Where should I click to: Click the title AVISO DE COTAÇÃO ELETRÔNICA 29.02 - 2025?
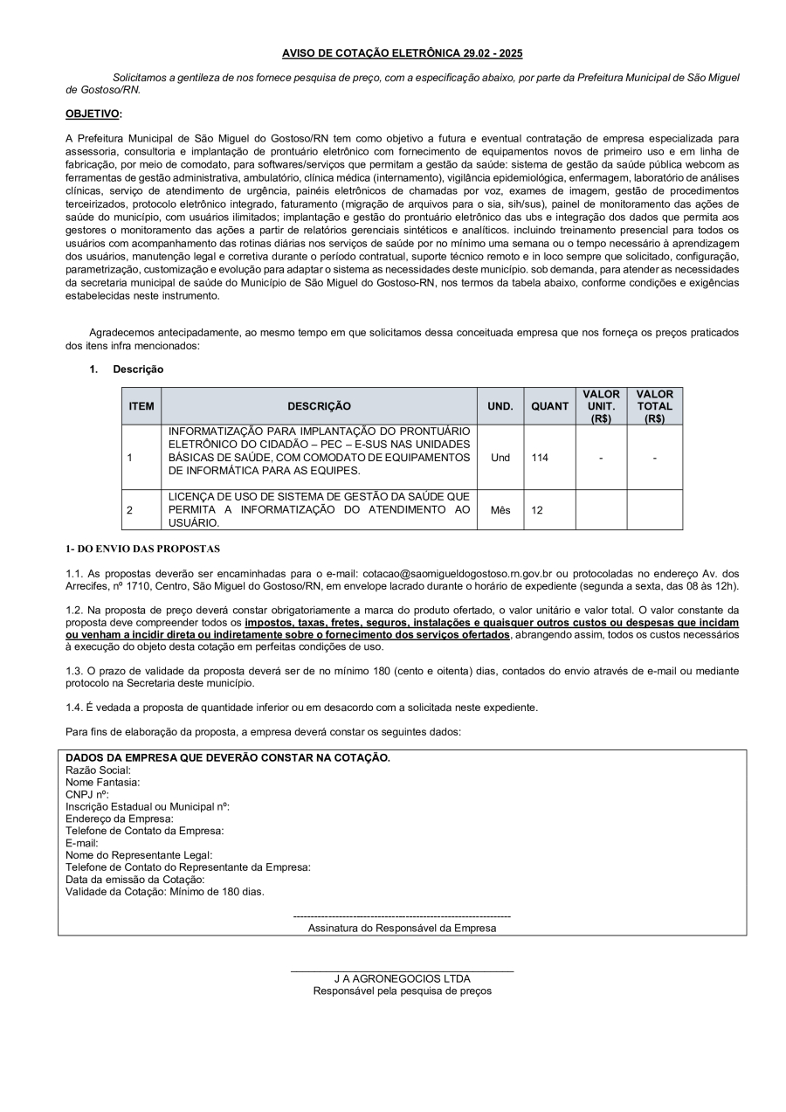click(x=402, y=53)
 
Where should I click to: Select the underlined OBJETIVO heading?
click(x=93, y=114)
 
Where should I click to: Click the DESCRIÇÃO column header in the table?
click(x=319, y=406)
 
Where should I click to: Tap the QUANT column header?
click(x=549, y=406)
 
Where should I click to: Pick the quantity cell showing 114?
click(x=540, y=458)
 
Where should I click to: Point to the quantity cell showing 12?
click(x=537, y=510)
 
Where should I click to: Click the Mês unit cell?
click(x=500, y=510)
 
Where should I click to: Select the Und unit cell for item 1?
click(x=500, y=458)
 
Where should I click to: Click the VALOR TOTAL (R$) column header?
click(x=654, y=406)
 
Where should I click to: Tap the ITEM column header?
click(x=141, y=406)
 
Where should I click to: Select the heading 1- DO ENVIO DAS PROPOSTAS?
click(x=143, y=549)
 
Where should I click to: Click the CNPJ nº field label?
click(x=87, y=795)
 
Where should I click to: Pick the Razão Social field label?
click(x=98, y=770)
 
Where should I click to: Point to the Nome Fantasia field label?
click(x=103, y=783)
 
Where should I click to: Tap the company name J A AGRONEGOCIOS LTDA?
click(x=402, y=979)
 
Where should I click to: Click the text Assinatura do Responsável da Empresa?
click(x=402, y=929)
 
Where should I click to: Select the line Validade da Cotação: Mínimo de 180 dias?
click(x=165, y=892)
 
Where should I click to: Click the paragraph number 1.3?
click(x=74, y=671)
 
